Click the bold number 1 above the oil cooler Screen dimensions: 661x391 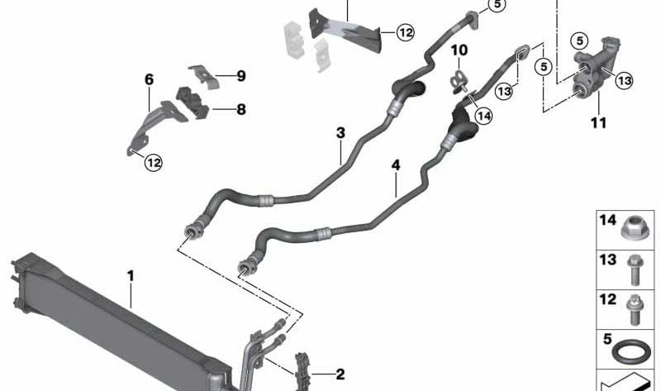[131, 276]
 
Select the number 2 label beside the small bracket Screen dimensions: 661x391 [340, 374]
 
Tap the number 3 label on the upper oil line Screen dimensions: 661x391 [340, 133]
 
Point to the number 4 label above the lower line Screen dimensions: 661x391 [396, 165]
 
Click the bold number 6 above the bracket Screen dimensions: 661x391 [150, 79]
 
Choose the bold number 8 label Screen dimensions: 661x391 [241, 110]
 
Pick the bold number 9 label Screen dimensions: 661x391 [241, 76]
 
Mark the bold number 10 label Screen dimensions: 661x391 [459, 50]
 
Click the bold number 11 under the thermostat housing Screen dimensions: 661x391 [598, 122]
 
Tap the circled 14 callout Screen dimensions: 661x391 [483, 116]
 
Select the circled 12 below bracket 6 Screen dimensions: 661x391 [154, 162]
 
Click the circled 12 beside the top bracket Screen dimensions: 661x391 [406, 32]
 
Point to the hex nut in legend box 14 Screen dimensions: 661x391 [634, 230]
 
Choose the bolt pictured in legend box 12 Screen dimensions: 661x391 [634, 309]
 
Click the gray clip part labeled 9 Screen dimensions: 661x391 [204, 76]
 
